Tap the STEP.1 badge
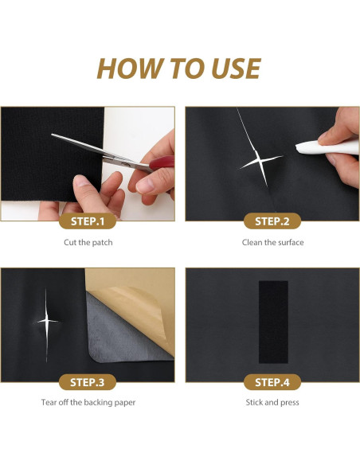point(88,221)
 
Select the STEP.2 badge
point(272,221)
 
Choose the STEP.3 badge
point(88,382)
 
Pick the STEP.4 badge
point(272,382)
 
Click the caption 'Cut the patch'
point(88,243)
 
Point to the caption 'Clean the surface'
point(273,243)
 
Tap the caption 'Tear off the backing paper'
point(88,402)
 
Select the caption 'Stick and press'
point(272,402)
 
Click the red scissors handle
point(162,162)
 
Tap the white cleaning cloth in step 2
point(327,147)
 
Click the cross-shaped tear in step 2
point(259,161)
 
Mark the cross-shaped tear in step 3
point(47,321)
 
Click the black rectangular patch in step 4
point(273,322)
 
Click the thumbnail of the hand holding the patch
point(88,164)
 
